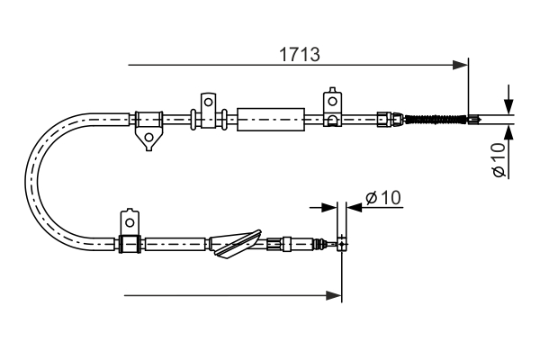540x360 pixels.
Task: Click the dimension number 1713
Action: pyautogui.click(x=298, y=54)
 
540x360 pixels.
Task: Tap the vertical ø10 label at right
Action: pyautogui.click(x=499, y=159)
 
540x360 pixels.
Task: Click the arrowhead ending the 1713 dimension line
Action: pyautogui.click(x=461, y=65)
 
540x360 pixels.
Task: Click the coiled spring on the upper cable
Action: pyautogui.click(x=435, y=118)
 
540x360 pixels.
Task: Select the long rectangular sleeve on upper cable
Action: pyautogui.click(x=269, y=119)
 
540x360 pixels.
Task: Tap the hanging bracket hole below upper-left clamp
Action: pyautogui.click(x=146, y=137)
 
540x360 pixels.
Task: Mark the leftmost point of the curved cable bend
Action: pyautogui.click(x=31, y=179)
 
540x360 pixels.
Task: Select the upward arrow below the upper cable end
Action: pyautogui.click(x=509, y=132)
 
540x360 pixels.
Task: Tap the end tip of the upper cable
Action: pyautogui.click(x=471, y=118)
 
